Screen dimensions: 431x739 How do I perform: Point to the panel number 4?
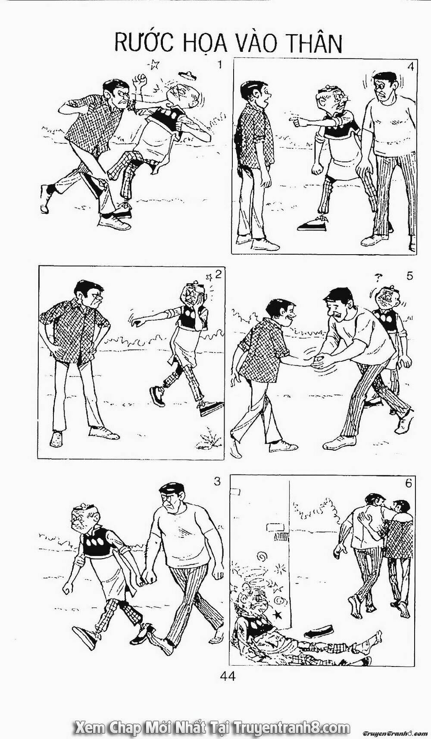(x=410, y=67)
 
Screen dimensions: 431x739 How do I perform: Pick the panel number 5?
(x=409, y=276)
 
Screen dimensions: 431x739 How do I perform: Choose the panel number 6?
(x=409, y=483)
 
